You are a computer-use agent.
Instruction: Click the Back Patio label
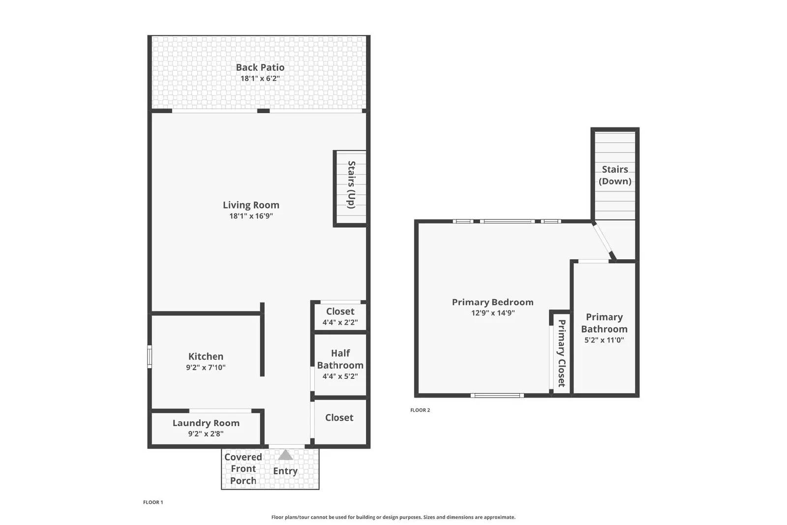point(260,67)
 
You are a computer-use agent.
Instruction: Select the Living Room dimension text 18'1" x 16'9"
point(251,216)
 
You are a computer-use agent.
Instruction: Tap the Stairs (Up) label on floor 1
point(351,185)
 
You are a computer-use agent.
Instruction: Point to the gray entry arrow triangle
point(285,455)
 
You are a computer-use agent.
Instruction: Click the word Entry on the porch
point(285,471)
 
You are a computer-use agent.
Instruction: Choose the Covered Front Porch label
point(243,469)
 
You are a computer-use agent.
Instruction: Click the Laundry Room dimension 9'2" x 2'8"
point(206,434)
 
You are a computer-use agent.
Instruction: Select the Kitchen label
point(206,356)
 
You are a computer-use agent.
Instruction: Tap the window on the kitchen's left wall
point(150,357)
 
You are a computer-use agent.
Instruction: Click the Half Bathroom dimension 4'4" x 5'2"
point(340,376)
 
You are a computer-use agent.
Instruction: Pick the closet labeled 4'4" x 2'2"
point(340,316)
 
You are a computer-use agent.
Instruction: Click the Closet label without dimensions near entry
point(339,418)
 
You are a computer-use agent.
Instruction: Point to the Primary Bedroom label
point(492,302)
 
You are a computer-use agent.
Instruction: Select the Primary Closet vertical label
point(561,353)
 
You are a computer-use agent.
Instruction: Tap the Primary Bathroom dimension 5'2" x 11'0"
point(604,340)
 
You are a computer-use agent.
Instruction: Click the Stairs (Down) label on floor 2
point(615,175)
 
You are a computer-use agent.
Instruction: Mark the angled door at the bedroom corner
point(603,241)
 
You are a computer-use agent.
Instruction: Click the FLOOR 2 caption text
point(420,410)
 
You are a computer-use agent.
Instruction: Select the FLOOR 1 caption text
point(153,502)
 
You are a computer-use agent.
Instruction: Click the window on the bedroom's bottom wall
point(497,395)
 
